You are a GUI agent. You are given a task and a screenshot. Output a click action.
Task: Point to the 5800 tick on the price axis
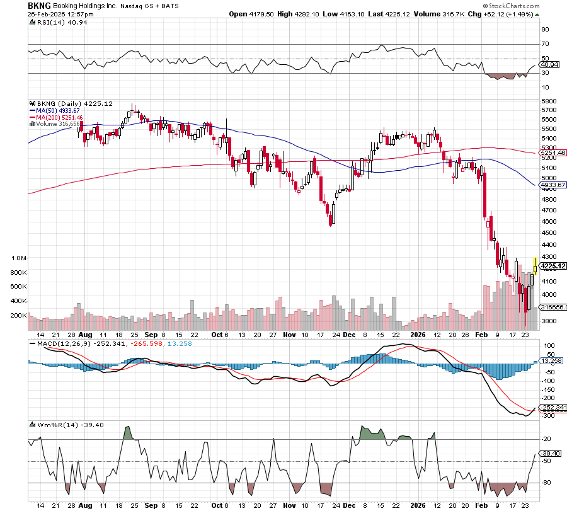coord(547,101)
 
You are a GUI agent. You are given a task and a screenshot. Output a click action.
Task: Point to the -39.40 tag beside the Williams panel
coord(553,453)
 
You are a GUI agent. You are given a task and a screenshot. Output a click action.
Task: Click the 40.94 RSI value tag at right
coord(552,64)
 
